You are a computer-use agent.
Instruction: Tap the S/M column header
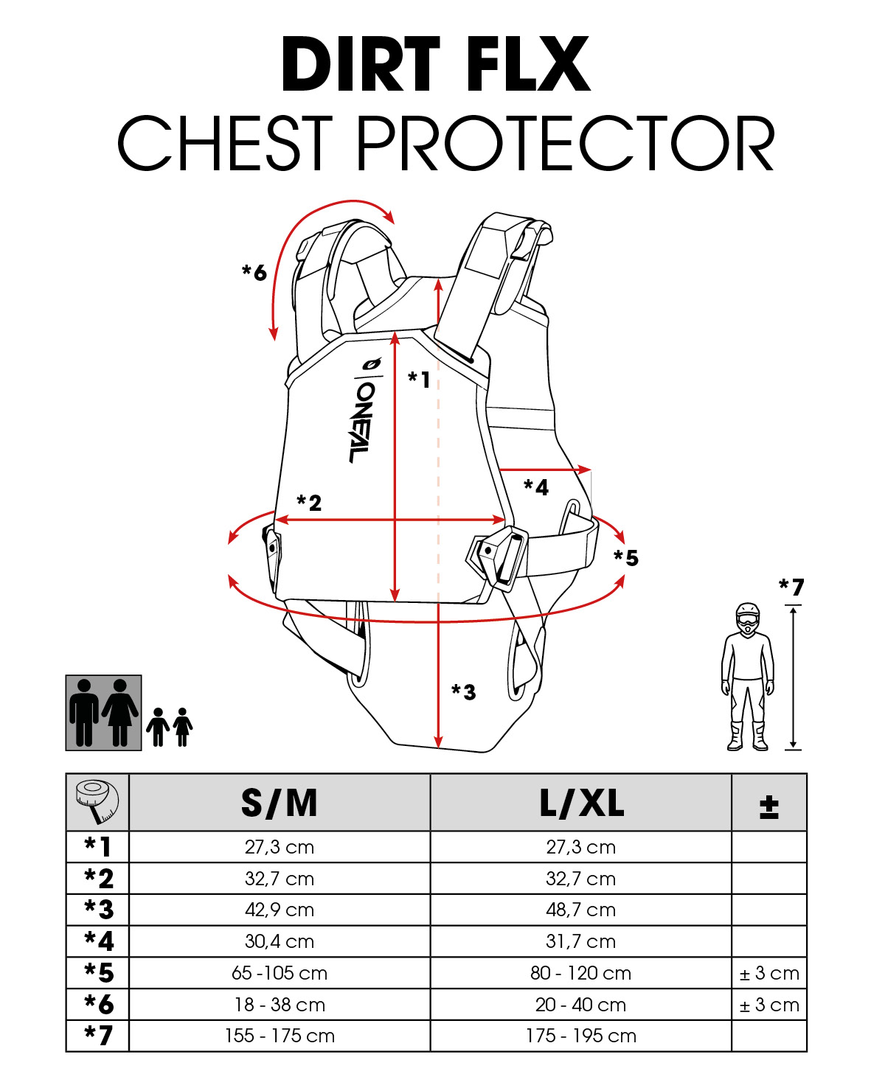[280, 803]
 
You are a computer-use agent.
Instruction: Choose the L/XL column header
[581, 803]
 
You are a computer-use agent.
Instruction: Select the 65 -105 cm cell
[280, 973]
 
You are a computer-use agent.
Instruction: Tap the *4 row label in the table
[99, 941]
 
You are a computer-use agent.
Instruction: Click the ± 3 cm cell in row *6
[768, 1005]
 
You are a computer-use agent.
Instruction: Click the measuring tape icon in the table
[97, 802]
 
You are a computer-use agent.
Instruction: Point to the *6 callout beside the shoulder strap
[254, 272]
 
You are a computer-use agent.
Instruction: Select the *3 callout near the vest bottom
[463, 691]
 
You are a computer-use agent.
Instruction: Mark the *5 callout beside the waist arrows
[625, 558]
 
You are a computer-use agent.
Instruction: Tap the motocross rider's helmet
[748, 618]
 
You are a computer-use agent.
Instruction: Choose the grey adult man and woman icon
[104, 713]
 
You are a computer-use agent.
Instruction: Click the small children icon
[170, 727]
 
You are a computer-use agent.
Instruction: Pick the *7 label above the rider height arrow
[791, 587]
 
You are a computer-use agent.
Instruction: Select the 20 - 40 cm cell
[580, 1005]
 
